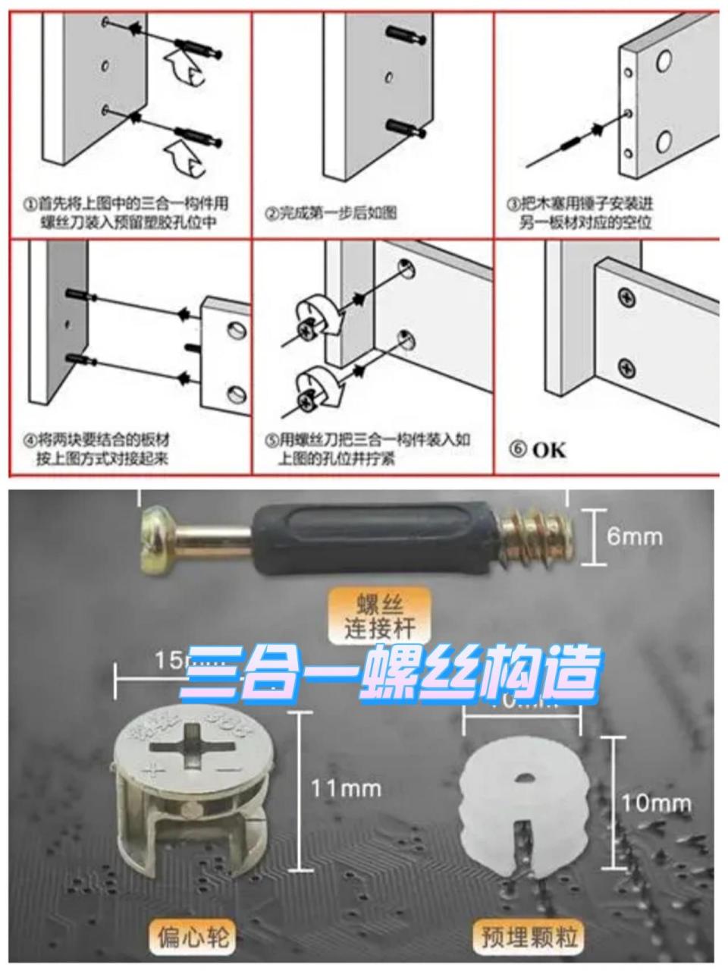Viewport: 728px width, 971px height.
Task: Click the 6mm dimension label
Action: click(x=634, y=537)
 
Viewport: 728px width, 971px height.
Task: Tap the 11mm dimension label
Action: click(x=345, y=789)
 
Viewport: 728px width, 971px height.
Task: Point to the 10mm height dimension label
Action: click(x=657, y=803)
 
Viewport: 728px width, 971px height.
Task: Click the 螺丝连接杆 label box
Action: click(x=377, y=617)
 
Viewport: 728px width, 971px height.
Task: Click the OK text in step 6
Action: click(x=548, y=449)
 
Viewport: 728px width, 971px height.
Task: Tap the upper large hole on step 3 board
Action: click(x=663, y=61)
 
